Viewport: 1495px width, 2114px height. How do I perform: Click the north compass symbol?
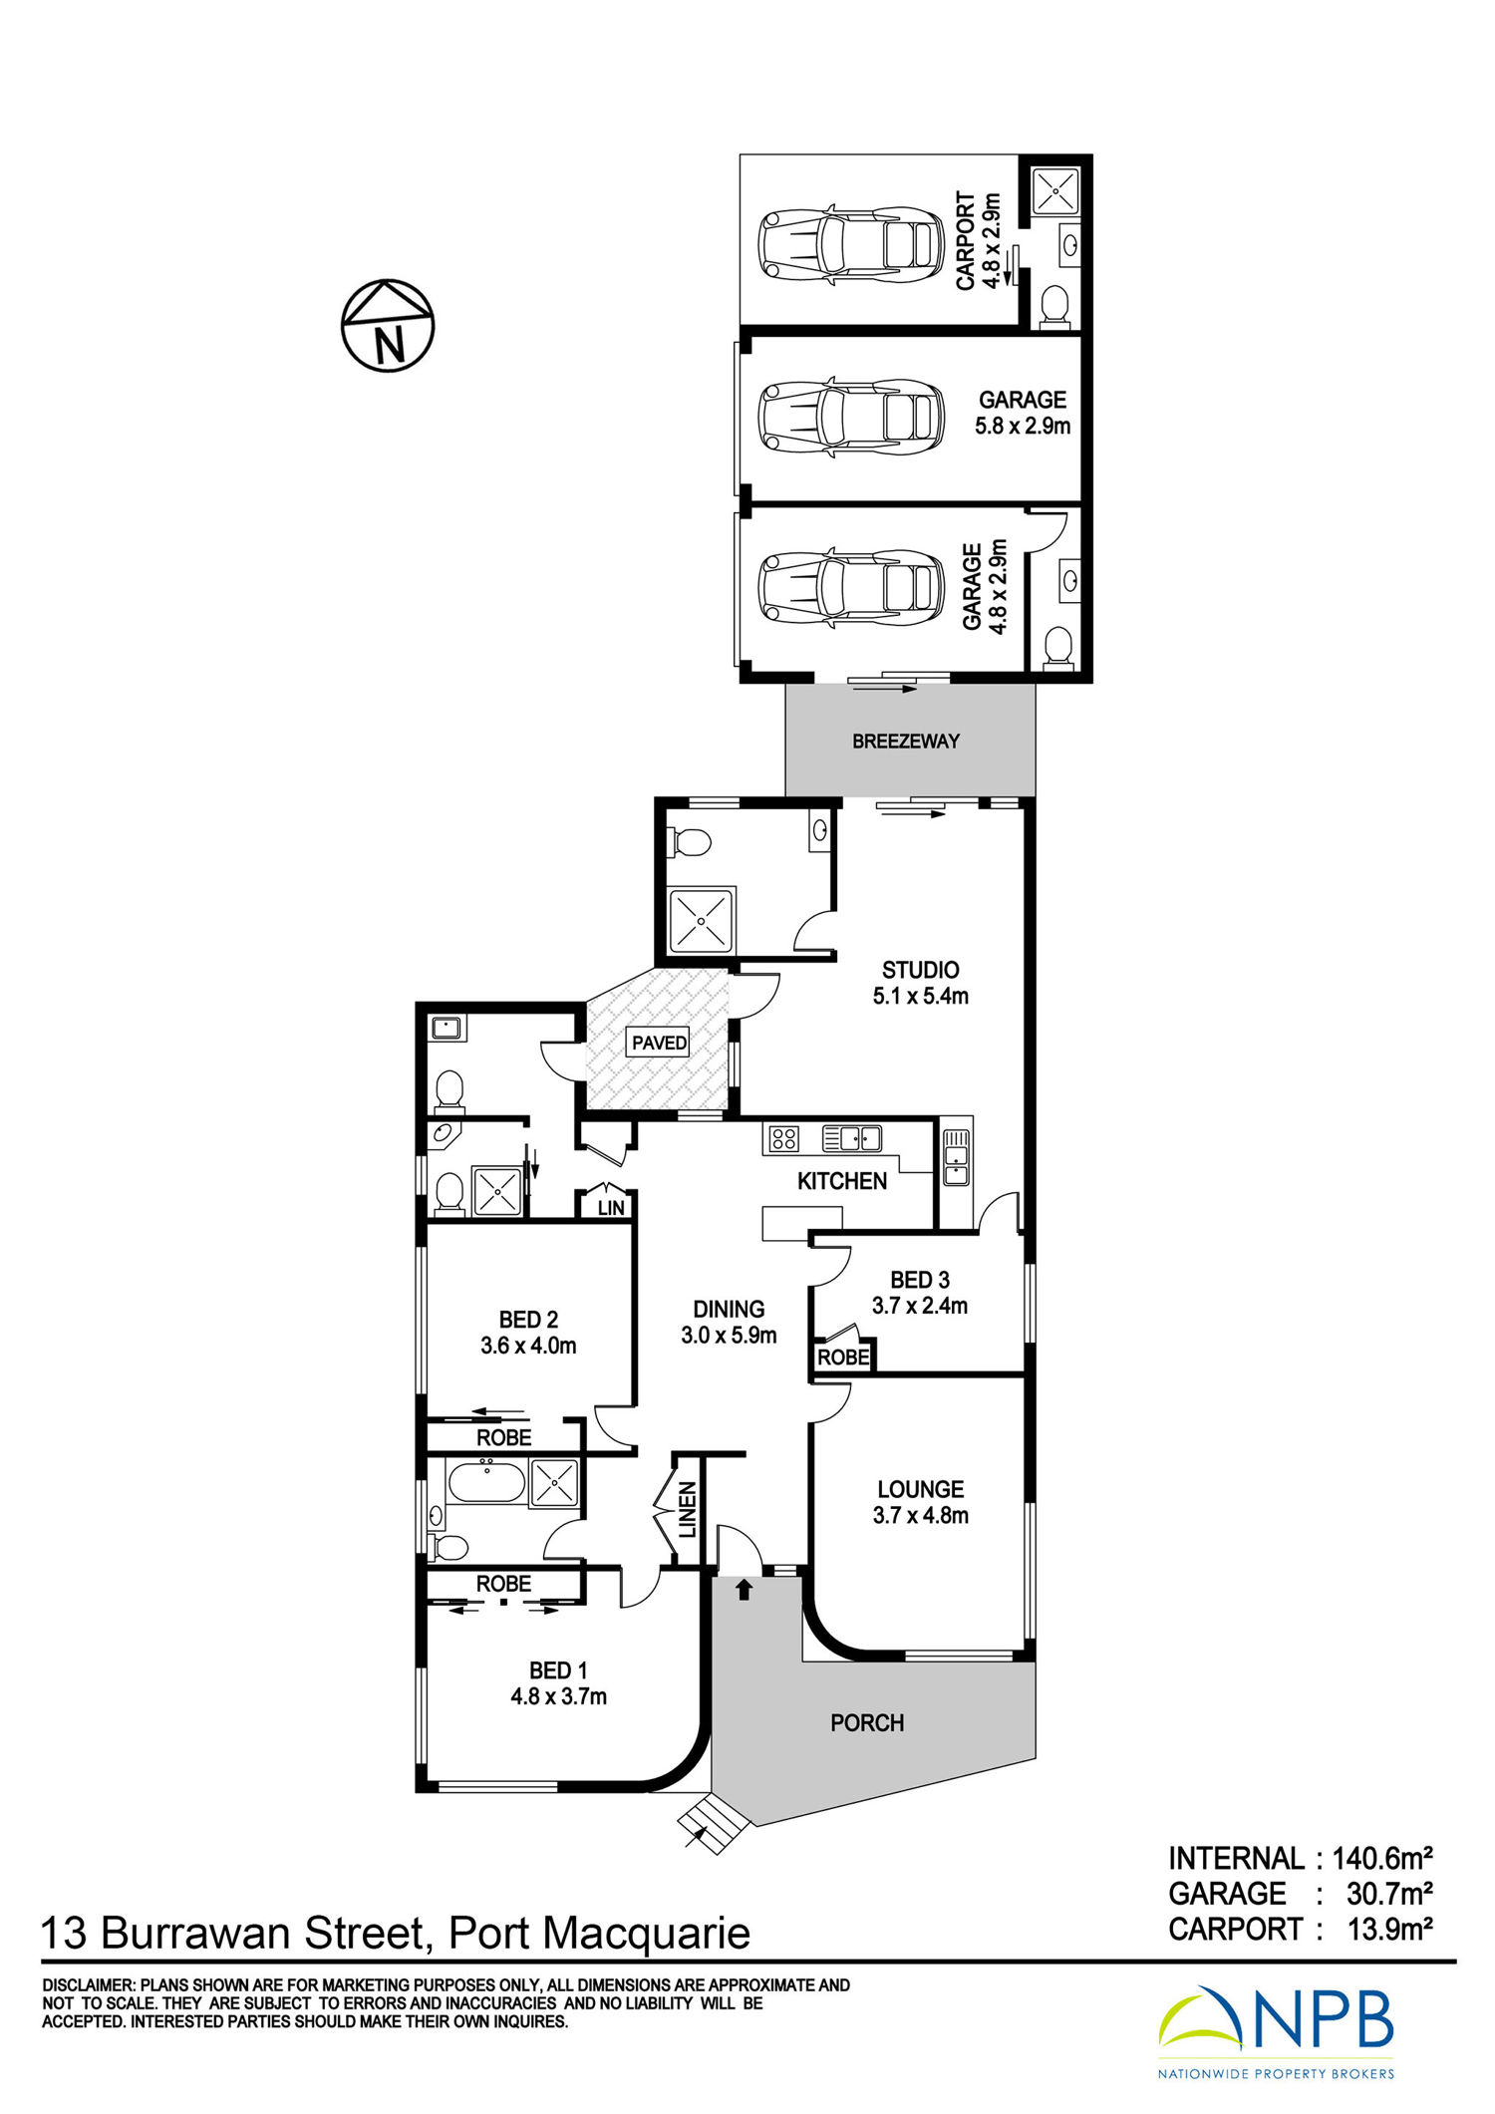(x=388, y=325)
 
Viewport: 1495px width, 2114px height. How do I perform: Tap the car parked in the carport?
(x=850, y=245)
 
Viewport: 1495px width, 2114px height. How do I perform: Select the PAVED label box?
(x=659, y=1043)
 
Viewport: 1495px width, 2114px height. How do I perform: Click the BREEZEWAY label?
(x=905, y=741)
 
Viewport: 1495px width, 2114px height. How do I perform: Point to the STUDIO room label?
(x=920, y=970)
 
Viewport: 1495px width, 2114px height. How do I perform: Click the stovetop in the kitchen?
(x=783, y=1138)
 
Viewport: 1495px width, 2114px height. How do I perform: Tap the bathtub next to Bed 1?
(x=486, y=1483)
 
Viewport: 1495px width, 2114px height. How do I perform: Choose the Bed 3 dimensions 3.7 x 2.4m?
(x=920, y=1306)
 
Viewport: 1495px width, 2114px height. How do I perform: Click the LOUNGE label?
(x=920, y=1489)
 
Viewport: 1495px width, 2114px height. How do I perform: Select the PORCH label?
(x=867, y=1722)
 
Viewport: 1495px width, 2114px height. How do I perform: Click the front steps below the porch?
(x=714, y=1823)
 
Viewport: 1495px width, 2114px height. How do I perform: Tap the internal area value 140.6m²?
(x=1382, y=1858)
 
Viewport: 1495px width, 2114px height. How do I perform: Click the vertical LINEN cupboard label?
(x=688, y=1510)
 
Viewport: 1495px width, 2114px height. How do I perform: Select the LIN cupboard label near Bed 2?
(x=611, y=1207)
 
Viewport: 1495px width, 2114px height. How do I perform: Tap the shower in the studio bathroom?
(x=702, y=920)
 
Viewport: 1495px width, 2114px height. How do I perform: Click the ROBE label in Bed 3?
(x=843, y=1358)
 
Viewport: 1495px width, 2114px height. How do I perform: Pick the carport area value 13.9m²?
(x=1389, y=1929)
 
